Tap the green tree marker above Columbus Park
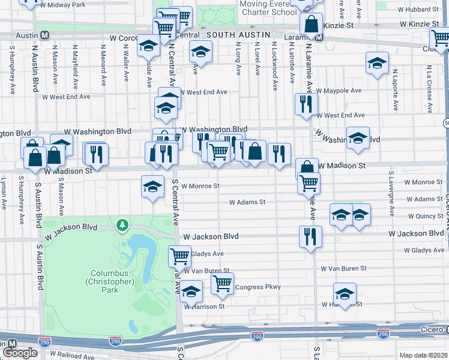pos(123,225)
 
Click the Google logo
pos(20,353)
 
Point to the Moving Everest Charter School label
pos(268,8)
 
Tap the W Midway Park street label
pos(62,5)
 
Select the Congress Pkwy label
pos(258,287)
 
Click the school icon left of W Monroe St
pos(152,186)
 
